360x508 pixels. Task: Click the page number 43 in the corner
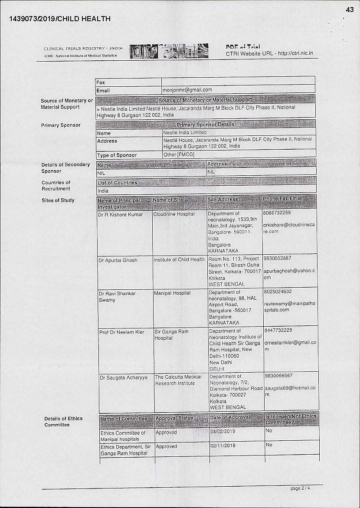350,10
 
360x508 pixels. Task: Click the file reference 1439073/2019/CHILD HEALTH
59,19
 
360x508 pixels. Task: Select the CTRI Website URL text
269,54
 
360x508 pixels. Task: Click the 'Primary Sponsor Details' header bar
206,125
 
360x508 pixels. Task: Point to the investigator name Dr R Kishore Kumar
120,215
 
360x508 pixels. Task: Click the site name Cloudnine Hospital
174,214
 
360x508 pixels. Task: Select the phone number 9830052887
277,258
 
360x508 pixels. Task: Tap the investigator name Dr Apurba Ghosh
118,260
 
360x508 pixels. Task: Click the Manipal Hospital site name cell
172,293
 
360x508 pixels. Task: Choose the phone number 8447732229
278,331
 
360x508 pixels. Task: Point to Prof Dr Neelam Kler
121,332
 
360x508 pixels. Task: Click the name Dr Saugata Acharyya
124,378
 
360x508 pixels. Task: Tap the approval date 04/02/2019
223,432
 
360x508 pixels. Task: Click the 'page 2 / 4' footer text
300,488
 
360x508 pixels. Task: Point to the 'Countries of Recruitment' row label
56,186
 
